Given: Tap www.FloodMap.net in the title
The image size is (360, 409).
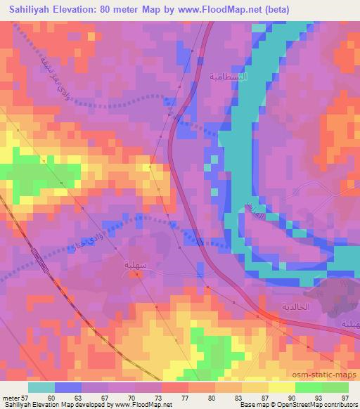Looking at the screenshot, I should tap(216, 9).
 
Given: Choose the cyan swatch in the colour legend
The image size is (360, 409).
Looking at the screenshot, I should tap(41, 387).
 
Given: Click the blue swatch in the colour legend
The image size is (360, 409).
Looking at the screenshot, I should tap(68, 387).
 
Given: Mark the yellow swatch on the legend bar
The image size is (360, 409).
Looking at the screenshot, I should tap(282, 387).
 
